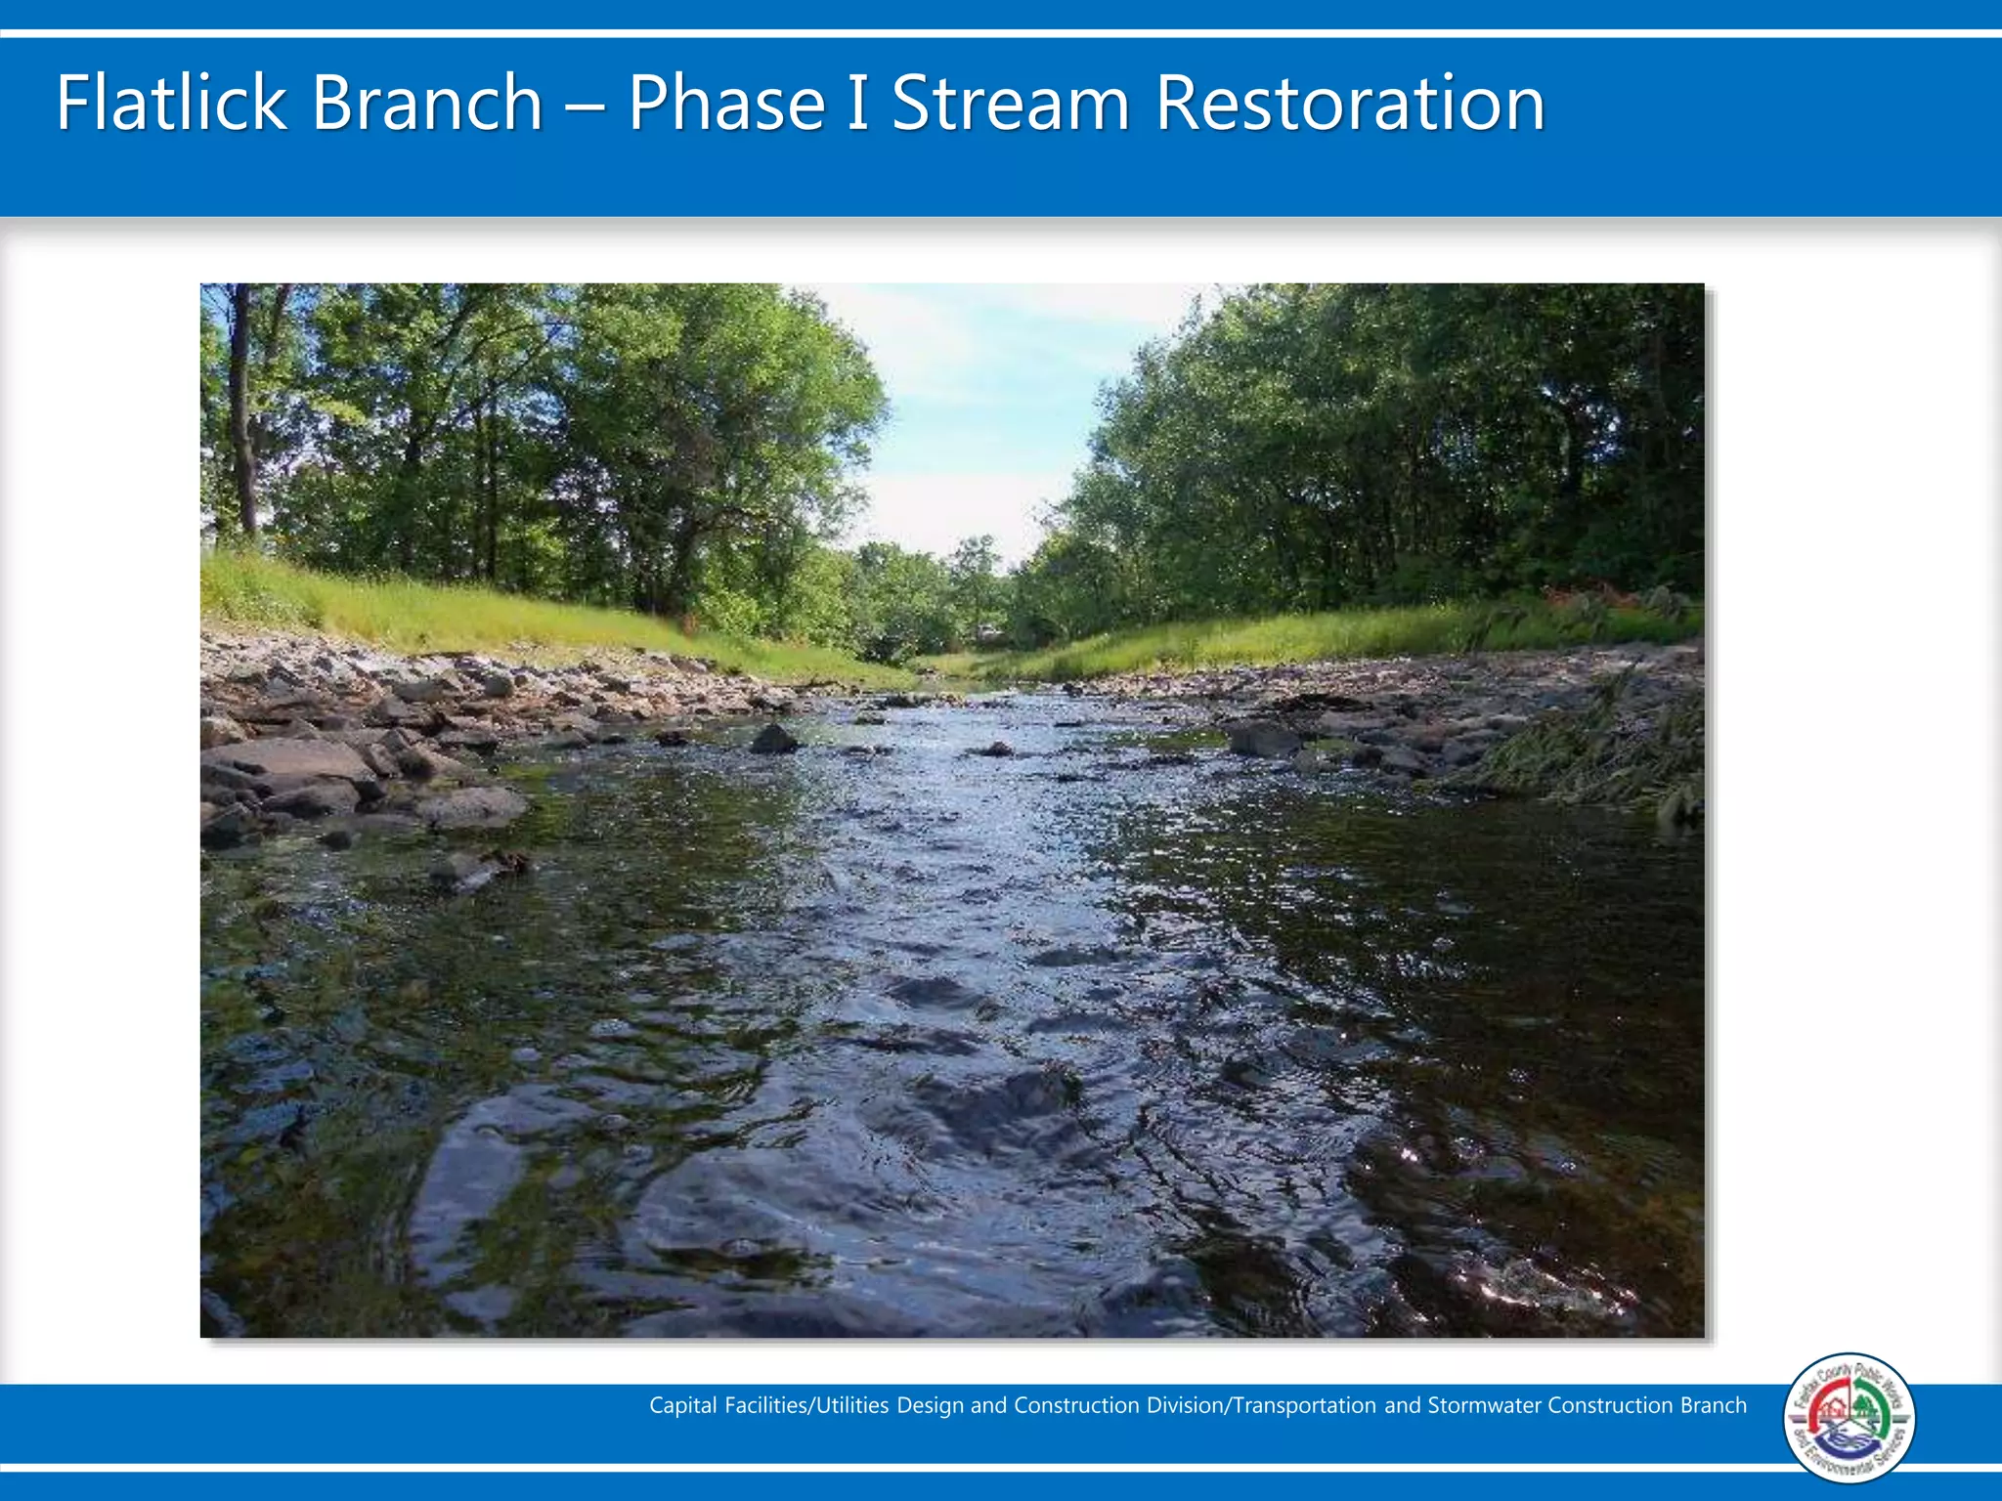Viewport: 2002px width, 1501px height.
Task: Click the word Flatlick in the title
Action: click(171, 103)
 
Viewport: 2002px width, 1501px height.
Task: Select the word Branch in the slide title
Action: click(427, 103)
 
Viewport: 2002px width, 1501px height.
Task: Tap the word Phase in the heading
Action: click(726, 103)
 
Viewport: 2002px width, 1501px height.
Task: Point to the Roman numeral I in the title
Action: click(857, 103)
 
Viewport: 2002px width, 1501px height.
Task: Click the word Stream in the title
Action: click(1011, 103)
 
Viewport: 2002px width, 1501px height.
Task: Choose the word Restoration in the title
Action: click(1350, 103)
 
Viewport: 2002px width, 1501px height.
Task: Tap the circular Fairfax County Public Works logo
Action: click(1849, 1418)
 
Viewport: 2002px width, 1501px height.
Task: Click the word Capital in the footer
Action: click(682, 1405)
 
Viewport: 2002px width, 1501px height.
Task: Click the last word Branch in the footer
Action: click(1713, 1405)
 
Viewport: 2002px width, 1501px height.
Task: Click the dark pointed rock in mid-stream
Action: click(774, 739)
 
